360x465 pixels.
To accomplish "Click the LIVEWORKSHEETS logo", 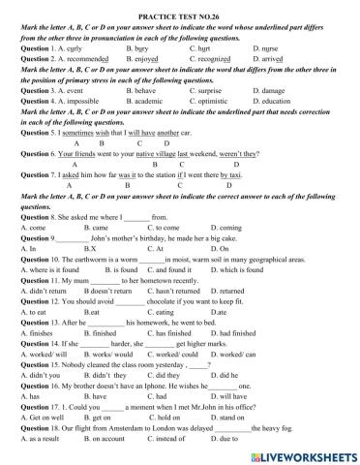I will point(307,451).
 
